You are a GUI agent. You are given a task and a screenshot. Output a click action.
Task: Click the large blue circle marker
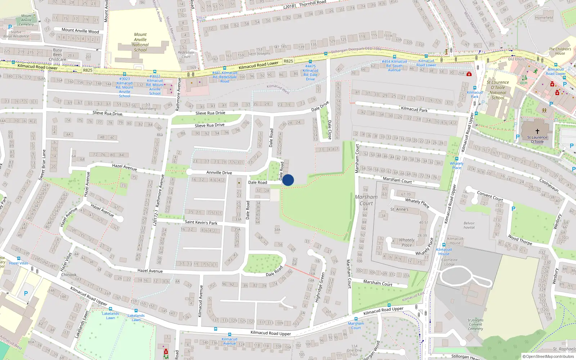point(288,180)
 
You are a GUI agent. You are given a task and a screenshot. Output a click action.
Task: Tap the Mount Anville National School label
point(140,42)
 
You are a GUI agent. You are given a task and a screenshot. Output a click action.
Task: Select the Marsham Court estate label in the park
point(366,200)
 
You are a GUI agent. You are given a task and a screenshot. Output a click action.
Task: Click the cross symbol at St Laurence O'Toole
point(537,131)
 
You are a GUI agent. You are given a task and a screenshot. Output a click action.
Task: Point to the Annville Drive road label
point(219,172)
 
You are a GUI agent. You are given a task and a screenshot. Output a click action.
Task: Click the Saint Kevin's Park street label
point(201,222)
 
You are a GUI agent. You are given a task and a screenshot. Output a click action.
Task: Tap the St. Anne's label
point(399,209)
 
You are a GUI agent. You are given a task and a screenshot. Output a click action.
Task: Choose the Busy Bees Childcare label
point(58,55)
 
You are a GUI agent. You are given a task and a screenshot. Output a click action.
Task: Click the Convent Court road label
point(490,196)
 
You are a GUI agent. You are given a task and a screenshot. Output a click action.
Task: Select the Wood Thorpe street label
point(519,240)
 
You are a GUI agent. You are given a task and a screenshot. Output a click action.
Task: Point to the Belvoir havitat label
point(469,225)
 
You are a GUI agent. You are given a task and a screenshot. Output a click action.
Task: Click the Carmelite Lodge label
point(449,262)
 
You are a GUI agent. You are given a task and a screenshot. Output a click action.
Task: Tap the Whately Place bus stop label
point(456,166)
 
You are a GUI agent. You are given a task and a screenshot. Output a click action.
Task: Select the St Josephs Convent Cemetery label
point(476,324)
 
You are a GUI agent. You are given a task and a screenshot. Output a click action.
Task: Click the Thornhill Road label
point(312,4)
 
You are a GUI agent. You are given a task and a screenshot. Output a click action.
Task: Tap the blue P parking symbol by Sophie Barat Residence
point(10,27)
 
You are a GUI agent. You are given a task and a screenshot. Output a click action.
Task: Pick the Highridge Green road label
point(320,287)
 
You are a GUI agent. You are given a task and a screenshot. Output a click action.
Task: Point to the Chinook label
point(69,275)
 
